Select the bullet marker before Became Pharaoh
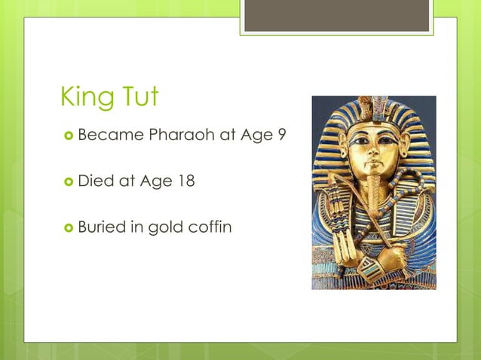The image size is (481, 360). (68, 136)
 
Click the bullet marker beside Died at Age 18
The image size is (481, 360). (68, 182)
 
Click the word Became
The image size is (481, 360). (110, 136)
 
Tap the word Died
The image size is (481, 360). (95, 181)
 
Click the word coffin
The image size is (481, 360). (212, 226)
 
